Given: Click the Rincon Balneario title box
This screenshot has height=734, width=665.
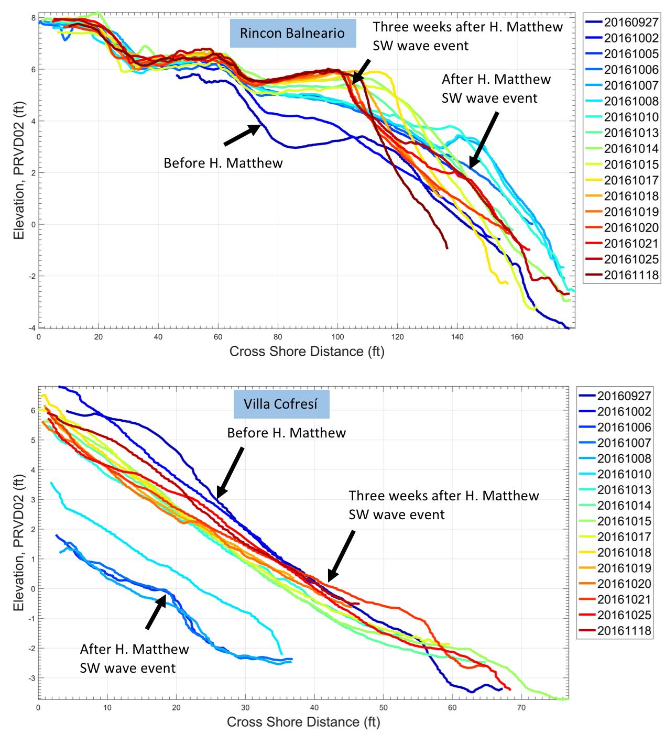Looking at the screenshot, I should tap(292, 33).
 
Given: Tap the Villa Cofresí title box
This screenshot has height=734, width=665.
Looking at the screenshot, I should tap(281, 404).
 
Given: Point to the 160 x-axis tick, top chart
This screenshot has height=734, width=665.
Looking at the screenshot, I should tap(517, 336).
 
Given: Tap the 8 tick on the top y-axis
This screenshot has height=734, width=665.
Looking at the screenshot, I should tap(33, 18).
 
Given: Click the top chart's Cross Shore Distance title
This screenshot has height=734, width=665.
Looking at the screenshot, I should tap(307, 351).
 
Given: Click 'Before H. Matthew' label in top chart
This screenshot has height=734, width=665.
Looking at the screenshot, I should tap(223, 163).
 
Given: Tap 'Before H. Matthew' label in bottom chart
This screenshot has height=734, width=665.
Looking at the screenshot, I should tap(286, 433).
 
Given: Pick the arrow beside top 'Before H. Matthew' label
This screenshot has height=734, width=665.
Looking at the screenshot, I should tap(242, 135).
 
